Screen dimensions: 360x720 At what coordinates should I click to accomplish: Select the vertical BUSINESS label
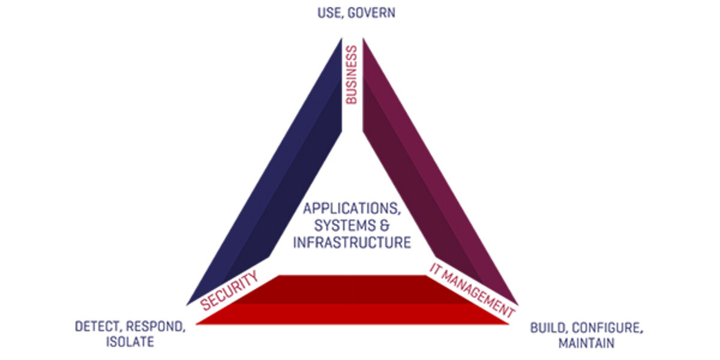(352, 75)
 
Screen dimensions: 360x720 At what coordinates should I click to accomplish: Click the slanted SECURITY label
(230, 290)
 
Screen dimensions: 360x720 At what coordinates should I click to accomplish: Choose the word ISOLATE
(130, 343)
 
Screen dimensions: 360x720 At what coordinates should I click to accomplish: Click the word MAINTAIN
(586, 344)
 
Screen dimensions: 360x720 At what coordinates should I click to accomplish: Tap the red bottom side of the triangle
(354, 300)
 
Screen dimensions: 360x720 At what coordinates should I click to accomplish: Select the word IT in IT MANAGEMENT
(436, 268)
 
